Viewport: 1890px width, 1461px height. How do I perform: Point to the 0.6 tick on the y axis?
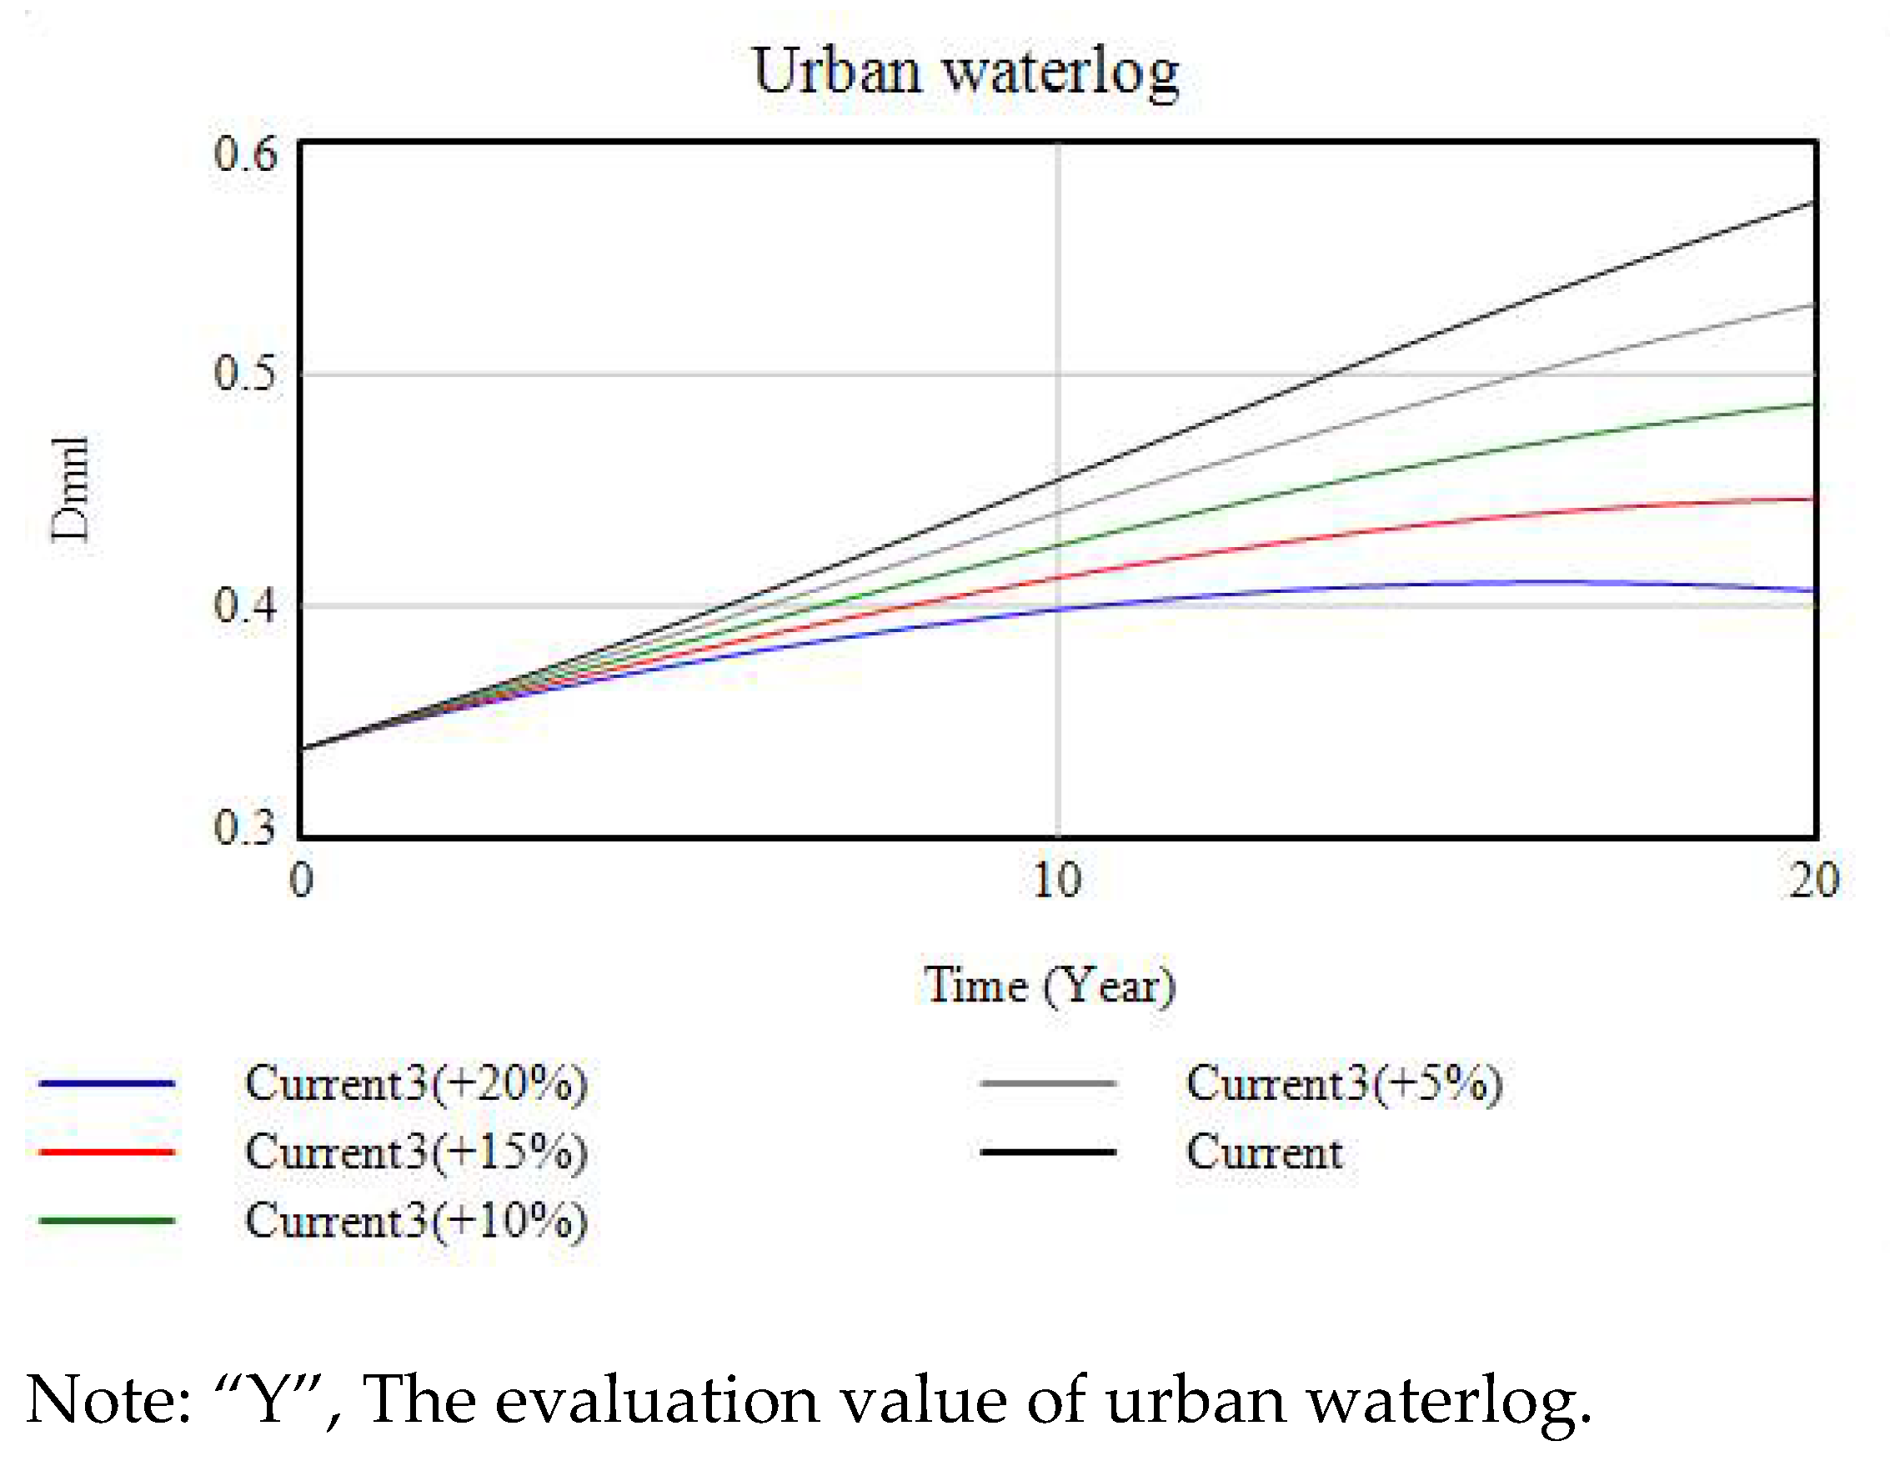point(246,155)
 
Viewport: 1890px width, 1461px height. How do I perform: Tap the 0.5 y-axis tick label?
point(246,374)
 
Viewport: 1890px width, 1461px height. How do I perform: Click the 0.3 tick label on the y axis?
point(246,826)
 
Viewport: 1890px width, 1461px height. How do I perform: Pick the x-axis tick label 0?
point(300,881)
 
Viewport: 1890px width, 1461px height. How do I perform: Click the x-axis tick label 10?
point(1056,881)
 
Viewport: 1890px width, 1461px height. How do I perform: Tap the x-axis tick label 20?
point(1814,881)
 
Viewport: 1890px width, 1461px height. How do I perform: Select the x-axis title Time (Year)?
point(1050,985)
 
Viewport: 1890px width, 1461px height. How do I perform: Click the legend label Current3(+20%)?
point(416,1082)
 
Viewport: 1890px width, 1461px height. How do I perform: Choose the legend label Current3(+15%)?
point(416,1152)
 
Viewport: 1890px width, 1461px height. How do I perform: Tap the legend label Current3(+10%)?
point(416,1220)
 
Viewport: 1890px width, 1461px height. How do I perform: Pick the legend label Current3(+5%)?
point(1344,1082)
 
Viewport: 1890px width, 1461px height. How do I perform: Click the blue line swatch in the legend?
point(107,1082)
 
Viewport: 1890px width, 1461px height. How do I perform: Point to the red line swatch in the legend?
point(107,1152)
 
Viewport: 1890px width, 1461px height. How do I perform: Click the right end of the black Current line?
point(1812,203)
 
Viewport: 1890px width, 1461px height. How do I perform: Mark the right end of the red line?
point(1812,500)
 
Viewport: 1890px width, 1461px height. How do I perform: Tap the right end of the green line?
point(1812,404)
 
